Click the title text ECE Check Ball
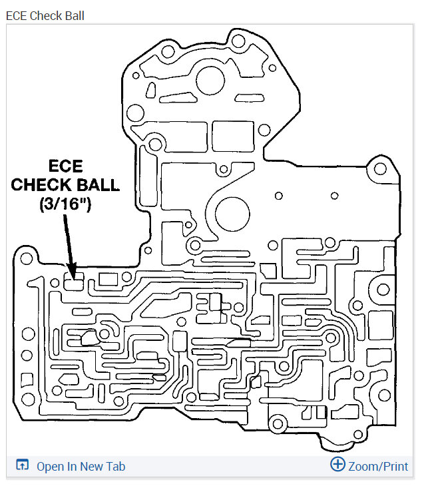(x=45, y=15)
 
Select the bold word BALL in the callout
(x=99, y=184)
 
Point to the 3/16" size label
(x=65, y=204)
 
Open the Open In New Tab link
(x=81, y=466)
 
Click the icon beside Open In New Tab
(x=21, y=466)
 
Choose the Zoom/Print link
(x=377, y=466)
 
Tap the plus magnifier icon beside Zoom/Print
(x=337, y=465)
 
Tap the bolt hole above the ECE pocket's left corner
(x=27, y=256)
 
